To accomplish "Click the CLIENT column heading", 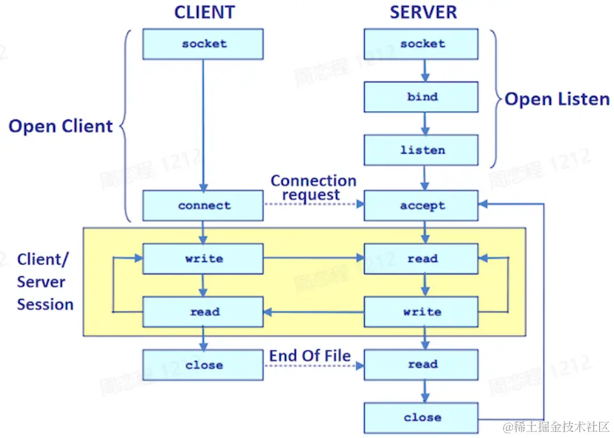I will coord(204,13).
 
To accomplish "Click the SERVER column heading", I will coord(423,13).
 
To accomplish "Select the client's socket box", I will coord(203,44).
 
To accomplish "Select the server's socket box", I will coord(422,44).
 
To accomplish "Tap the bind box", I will coord(422,97).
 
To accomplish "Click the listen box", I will coord(422,150).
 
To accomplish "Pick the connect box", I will coord(203,206).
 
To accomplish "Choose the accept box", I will coord(422,206).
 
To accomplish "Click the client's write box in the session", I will coord(203,259).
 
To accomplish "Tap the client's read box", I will coord(203,312).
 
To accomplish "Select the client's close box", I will coord(203,365).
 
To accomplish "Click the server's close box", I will coord(422,418).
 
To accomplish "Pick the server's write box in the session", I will coord(422,312).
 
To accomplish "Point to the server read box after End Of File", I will coord(422,365).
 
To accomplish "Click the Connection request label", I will coord(313,188).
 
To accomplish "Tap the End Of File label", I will coord(310,355).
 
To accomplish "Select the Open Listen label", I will coord(557,100).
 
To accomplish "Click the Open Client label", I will coord(61,126).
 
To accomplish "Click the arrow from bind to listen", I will coord(423,123).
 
